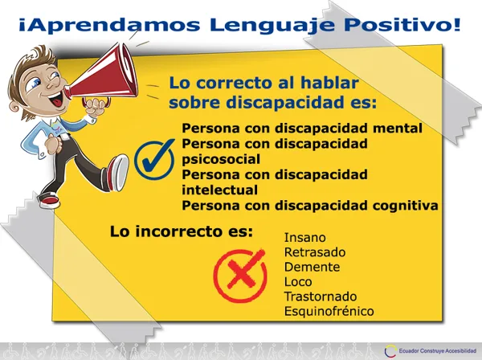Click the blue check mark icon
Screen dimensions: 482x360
(154, 159)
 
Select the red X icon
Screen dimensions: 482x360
(240, 276)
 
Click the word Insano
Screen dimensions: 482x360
(305, 237)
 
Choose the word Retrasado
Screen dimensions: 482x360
(315, 252)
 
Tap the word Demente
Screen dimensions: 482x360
(312, 267)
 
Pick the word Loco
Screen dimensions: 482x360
(298, 281)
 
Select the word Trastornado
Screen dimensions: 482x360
(321, 297)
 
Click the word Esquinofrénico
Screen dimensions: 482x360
(329, 311)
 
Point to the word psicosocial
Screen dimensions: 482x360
(221, 160)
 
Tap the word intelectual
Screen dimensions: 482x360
(220, 190)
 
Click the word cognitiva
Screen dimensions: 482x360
(405, 206)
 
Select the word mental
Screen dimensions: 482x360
(398, 129)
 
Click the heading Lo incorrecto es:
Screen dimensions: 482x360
(181, 231)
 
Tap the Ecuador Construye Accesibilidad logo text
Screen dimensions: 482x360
(438, 350)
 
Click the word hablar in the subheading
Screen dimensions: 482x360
(329, 83)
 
